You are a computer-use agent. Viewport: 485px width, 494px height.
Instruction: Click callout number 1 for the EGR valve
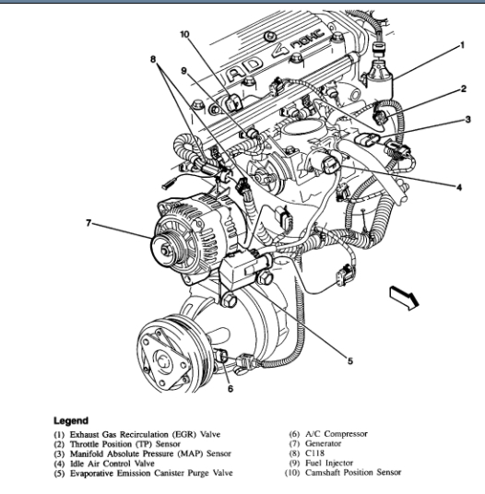(462, 46)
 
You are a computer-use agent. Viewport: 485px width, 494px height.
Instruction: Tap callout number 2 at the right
(463, 88)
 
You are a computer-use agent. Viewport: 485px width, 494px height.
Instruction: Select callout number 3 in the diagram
(468, 120)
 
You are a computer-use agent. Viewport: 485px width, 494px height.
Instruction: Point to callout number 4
(459, 187)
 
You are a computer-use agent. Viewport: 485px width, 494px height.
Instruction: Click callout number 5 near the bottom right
(350, 360)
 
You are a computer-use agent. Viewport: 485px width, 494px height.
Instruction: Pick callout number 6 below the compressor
(231, 389)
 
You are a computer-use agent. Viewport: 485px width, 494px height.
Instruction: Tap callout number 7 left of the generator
(89, 223)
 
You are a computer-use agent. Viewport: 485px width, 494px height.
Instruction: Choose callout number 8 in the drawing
(153, 59)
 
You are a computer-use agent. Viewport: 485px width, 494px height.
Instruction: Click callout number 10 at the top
(184, 34)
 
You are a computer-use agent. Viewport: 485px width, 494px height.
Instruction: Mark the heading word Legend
(71, 420)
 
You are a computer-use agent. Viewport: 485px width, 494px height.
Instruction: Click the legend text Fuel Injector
(329, 463)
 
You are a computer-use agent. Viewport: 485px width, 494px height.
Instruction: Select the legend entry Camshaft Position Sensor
(353, 472)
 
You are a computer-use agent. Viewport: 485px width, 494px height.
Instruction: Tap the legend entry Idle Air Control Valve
(112, 464)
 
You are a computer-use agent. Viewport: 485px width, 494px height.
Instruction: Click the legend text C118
(314, 453)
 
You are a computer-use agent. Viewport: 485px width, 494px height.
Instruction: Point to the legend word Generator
(323, 443)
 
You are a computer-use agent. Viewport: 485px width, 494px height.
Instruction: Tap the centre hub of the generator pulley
(164, 250)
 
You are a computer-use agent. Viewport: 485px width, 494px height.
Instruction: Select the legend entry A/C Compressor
(337, 434)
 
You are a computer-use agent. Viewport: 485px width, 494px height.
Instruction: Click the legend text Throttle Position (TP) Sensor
(125, 444)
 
